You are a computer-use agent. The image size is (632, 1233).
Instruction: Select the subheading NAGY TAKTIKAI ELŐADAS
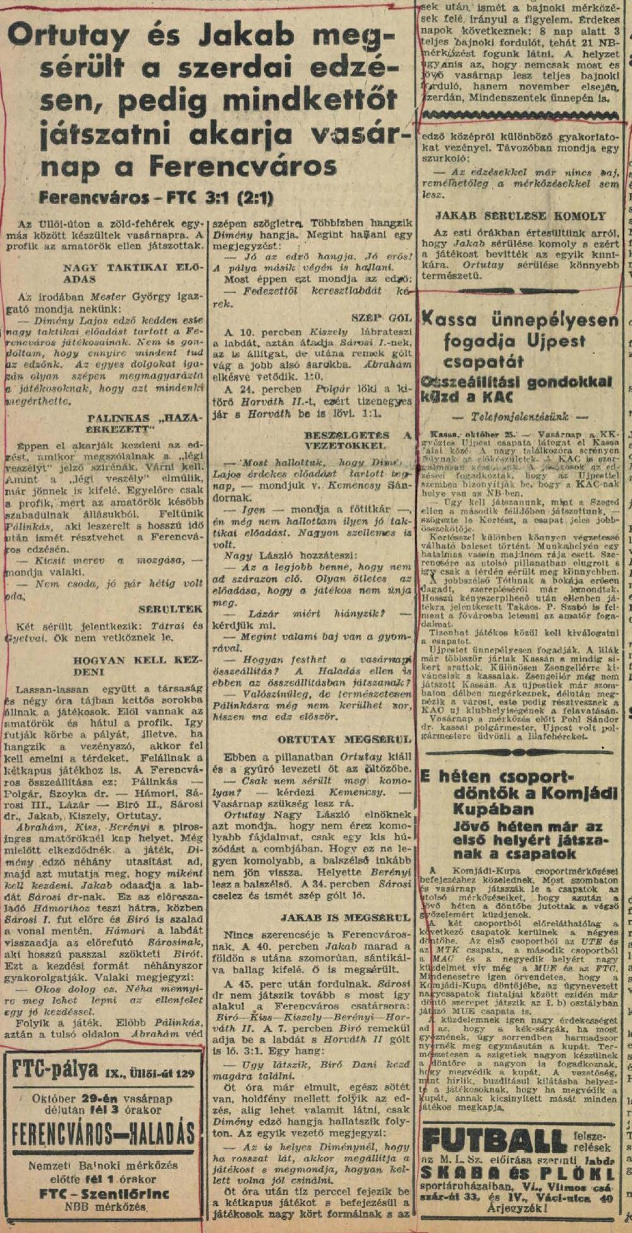(x=133, y=272)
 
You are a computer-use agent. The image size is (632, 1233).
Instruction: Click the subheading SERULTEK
(x=171, y=609)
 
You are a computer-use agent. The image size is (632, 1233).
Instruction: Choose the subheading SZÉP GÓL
(x=382, y=317)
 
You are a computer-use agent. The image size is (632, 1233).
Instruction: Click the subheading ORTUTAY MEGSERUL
(x=344, y=739)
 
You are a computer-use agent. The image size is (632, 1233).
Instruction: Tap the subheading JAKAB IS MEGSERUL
(x=345, y=916)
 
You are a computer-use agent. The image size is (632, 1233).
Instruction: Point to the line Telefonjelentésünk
(x=520, y=417)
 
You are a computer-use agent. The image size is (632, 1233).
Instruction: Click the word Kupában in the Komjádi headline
(x=490, y=810)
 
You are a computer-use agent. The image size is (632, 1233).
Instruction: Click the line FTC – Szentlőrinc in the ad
(x=104, y=1193)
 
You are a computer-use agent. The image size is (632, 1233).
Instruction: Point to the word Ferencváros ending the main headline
(x=243, y=167)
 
